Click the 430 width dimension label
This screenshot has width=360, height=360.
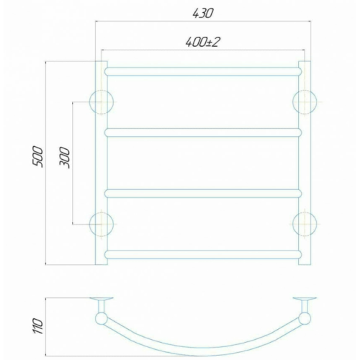point(203,14)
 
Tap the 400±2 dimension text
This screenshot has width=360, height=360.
point(203,42)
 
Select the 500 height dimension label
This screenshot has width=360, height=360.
point(37,156)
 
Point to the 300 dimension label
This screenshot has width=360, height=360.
point(64,158)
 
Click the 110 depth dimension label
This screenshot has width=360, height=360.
point(37,326)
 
